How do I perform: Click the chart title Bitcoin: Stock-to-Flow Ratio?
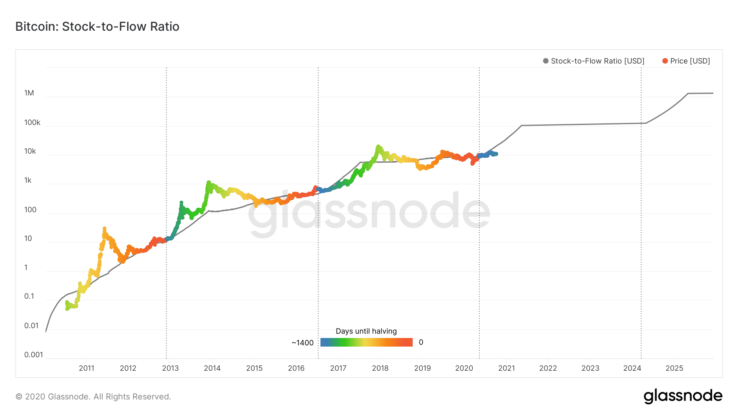coord(97,27)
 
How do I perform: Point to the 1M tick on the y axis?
coord(29,93)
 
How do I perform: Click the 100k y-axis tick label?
coord(32,122)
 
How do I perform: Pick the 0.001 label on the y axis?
coord(33,355)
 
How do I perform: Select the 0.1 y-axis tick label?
coord(29,296)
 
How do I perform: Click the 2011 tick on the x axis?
coord(87,368)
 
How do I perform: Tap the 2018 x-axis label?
coord(380,368)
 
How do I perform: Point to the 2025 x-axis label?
coord(674,368)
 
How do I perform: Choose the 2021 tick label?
coord(506,368)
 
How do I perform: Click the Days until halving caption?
coord(366,331)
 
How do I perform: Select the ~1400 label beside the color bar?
coord(303,343)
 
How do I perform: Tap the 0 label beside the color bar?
coord(421,342)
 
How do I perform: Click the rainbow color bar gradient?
coord(366,342)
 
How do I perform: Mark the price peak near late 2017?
coord(378,147)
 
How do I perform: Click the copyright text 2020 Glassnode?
coord(93,397)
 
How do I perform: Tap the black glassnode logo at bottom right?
coord(683,396)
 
